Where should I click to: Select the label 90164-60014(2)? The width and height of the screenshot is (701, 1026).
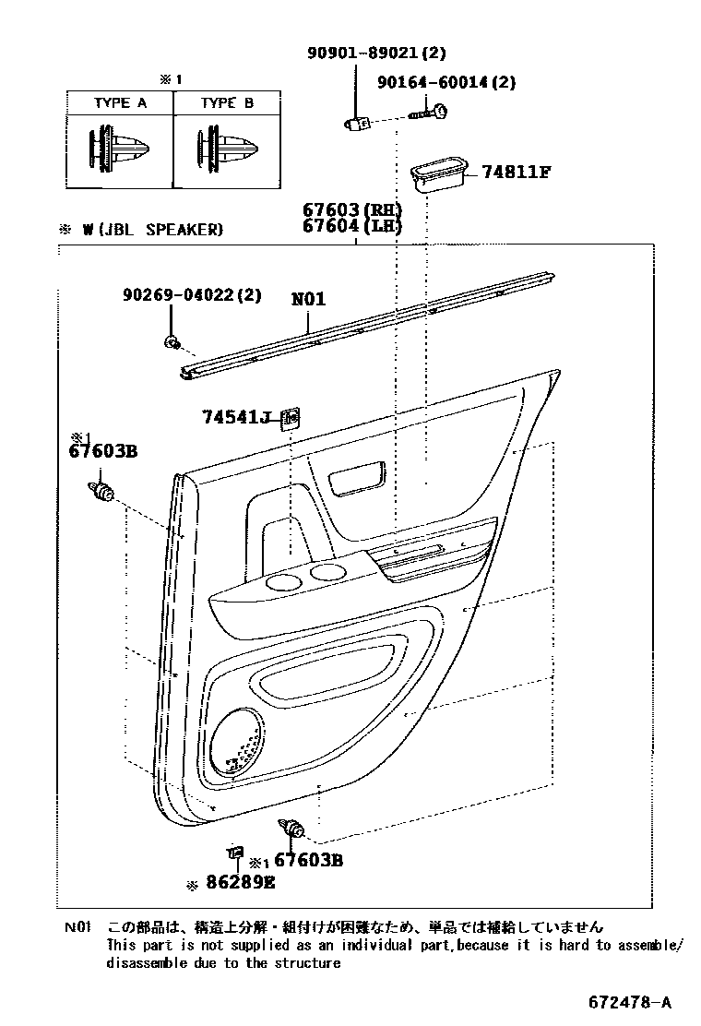[x=446, y=82]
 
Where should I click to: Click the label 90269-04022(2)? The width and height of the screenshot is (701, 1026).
[x=192, y=295]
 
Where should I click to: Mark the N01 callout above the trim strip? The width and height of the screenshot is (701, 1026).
[x=308, y=300]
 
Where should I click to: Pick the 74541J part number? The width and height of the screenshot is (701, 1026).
[x=235, y=418]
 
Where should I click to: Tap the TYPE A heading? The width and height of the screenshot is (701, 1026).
[x=120, y=103]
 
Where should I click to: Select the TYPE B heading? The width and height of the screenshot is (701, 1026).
[x=227, y=103]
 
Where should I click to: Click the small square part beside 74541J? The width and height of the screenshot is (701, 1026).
[x=291, y=418]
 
